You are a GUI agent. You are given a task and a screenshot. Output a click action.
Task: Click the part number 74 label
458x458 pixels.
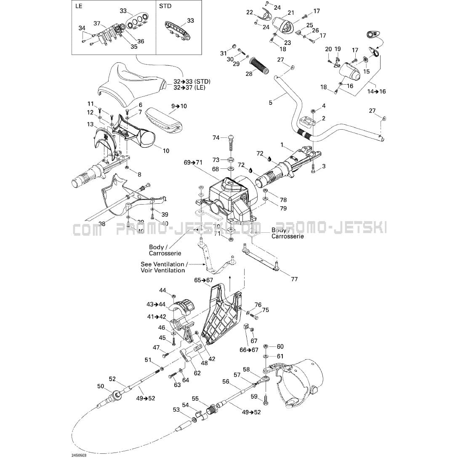pos(216,138)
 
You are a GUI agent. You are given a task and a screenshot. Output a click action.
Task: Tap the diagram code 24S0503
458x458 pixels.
pos(79,454)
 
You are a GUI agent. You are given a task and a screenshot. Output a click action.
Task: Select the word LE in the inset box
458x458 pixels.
pos(79,6)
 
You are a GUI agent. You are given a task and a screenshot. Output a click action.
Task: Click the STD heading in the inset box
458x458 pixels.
pos(166,6)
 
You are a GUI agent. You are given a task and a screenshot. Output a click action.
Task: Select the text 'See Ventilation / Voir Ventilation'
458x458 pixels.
pos(163,267)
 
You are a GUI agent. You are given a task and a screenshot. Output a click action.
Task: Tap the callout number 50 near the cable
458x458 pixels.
pos(101,386)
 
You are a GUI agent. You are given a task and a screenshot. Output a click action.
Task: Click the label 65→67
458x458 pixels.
pos(203,280)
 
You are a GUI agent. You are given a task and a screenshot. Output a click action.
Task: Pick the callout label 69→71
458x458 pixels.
pos(193,162)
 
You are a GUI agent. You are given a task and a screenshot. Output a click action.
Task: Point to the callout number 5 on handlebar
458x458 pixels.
pos(271,102)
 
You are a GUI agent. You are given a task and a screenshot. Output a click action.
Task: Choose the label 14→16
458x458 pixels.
pos(376,91)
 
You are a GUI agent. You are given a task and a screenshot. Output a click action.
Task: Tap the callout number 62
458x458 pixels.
pos(197,373)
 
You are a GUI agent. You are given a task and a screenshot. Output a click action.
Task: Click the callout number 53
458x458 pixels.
pos(176,410)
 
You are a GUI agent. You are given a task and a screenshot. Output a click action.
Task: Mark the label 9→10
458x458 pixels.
pos(178,106)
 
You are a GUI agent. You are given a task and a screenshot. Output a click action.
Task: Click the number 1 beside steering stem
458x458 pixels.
pos(282,144)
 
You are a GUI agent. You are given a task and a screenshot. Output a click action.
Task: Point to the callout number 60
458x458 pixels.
pos(280,346)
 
